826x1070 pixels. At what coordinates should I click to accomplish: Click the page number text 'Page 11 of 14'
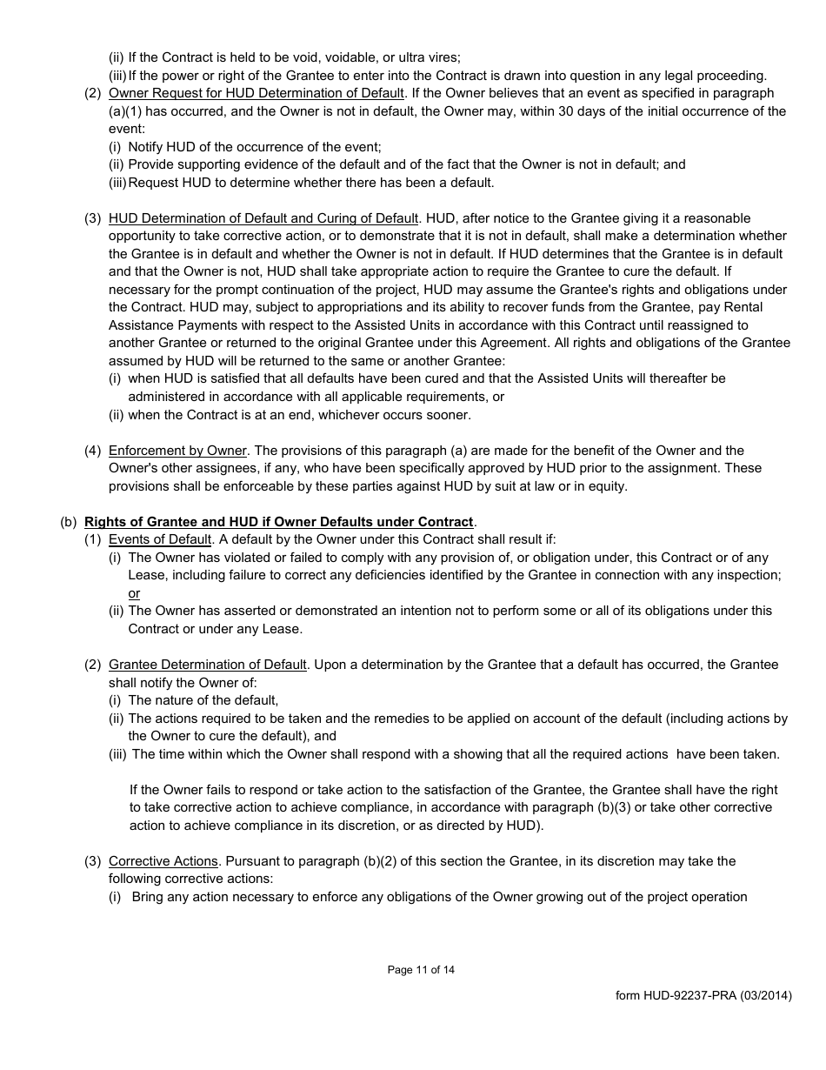421,970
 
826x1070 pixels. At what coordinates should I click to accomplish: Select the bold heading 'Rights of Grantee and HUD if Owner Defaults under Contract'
279,522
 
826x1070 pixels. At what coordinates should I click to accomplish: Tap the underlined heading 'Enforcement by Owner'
178,451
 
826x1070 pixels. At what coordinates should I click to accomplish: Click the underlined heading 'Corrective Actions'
163,861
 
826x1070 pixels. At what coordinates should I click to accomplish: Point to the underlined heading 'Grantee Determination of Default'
207,665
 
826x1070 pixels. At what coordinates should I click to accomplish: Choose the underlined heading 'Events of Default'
160,539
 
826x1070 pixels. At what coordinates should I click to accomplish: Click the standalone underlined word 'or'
134,593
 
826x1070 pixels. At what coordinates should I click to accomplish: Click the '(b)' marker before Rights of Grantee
69,522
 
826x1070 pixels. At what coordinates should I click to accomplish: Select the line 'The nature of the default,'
203,700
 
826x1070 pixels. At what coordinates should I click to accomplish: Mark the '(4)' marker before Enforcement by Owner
93,451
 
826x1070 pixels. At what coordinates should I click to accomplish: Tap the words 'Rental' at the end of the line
764,307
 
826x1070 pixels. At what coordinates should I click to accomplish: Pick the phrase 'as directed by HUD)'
483,826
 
